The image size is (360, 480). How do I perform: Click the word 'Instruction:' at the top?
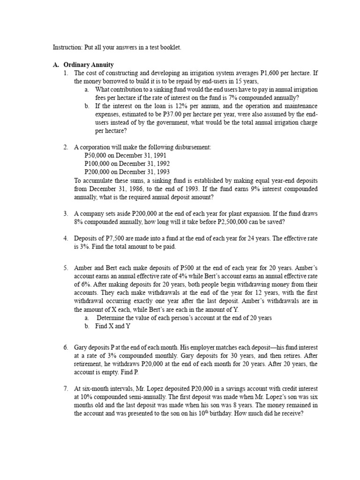coord(67,48)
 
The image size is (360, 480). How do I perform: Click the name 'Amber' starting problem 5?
coord(83,268)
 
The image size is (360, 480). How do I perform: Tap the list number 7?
coord(66,389)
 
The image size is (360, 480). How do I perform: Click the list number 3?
coord(66,213)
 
